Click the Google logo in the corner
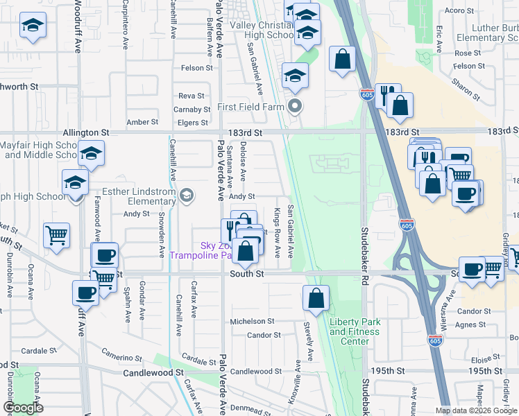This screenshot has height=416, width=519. point(23,408)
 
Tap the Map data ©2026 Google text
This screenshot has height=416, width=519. point(476,410)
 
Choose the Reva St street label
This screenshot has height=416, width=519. point(192,96)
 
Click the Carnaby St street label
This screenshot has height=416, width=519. point(192,110)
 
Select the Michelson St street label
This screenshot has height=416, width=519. point(253,321)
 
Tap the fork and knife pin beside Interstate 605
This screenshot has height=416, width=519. point(387,94)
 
